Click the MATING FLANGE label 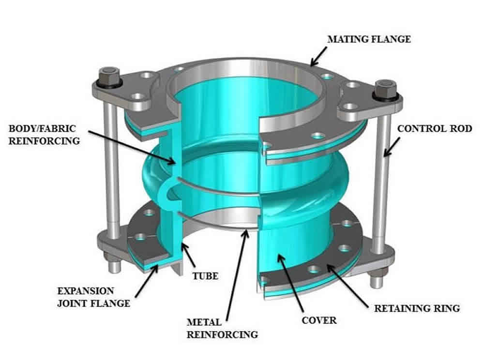coord(369,39)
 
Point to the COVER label coord(319,320)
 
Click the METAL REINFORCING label coord(223,328)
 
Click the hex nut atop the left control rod coord(106,78)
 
